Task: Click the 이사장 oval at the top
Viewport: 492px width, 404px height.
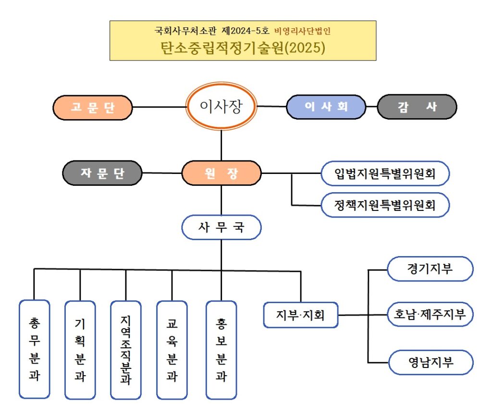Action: click(x=221, y=106)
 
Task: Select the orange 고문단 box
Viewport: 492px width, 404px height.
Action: click(x=93, y=107)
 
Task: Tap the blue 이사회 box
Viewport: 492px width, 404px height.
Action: click(x=326, y=107)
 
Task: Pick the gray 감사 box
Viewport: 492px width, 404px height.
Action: click(x=417, y=107)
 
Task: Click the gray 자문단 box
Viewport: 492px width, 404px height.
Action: click(x=102, y=173)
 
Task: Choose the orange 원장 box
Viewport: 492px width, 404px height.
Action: click(x=221, y=173)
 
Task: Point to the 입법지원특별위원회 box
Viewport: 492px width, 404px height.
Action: click(x=385, y=173)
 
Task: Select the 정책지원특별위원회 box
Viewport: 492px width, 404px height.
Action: click(x=385, y=205)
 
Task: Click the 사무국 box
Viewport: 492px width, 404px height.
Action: click(x=221, y=227)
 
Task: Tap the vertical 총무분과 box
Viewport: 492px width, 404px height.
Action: click(x=34, y=349)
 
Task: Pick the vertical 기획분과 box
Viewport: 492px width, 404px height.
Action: click(x=80, y=349)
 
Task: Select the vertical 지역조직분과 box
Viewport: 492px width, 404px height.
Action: click(x=126, y=349)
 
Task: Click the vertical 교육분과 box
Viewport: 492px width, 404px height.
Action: click(x=172, y=349)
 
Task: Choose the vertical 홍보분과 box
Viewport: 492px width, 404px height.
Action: click(x=221, y=349)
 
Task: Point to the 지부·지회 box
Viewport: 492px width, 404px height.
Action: click(x=301, y=315)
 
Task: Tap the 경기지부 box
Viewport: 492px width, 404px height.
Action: click(x=430, y=269)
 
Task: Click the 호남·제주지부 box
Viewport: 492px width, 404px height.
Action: click(x=430, y=315)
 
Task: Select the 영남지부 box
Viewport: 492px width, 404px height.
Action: click(x=430, y=362)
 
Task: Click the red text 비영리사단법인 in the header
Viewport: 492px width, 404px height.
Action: click(x=302, y=32)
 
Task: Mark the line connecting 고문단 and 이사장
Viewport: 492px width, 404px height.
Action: click(x=159, y=107)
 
